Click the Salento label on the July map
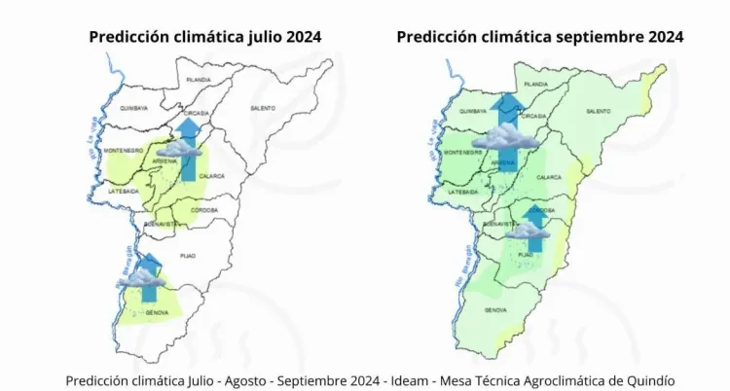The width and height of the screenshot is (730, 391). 262,107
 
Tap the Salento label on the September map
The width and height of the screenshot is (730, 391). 599,112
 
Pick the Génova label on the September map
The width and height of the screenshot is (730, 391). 495,310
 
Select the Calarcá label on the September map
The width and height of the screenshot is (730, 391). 549,177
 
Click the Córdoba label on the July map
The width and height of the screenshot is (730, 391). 204,209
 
